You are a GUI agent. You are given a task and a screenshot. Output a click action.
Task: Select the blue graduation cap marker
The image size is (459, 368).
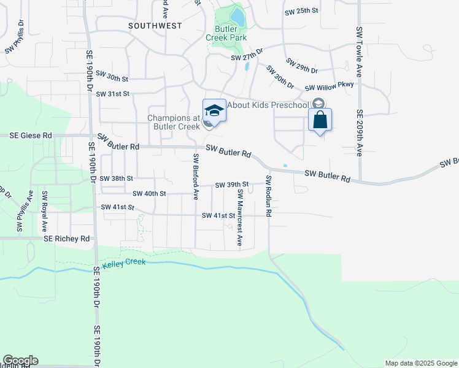[214, 110]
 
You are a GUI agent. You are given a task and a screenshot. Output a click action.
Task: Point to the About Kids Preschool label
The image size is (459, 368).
[267, 105]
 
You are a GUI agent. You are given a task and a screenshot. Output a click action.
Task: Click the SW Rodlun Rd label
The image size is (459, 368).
[269, 196]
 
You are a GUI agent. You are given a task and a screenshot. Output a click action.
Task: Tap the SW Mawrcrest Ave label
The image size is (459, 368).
[240, 217]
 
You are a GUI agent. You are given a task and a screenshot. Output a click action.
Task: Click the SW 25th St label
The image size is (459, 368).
[301, 11]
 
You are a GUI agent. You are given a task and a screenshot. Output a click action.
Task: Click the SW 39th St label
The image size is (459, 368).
[231, 185]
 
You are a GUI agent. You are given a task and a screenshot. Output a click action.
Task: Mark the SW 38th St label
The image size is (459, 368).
[117, 178]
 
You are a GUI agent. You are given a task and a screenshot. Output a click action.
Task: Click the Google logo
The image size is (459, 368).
[20, 361]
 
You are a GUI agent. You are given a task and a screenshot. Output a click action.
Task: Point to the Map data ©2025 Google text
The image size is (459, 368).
[420, 363]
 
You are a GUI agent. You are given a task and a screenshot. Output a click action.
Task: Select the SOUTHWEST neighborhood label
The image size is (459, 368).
[155, 26]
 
